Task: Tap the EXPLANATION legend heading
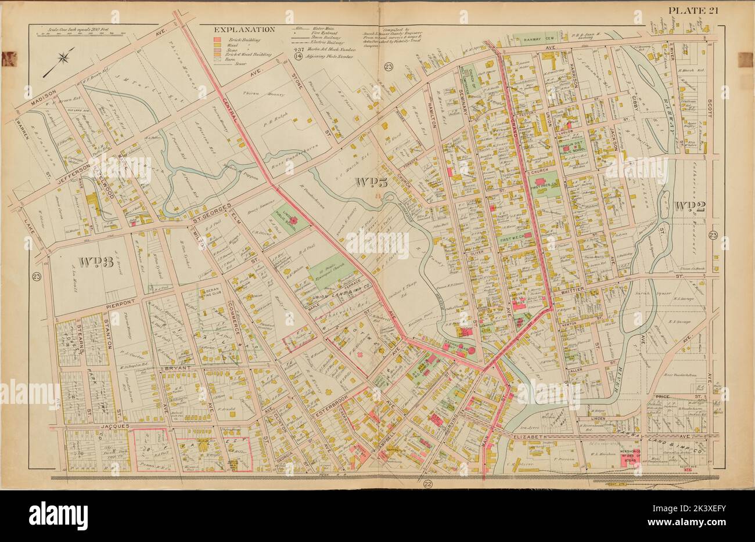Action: [244, 30]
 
